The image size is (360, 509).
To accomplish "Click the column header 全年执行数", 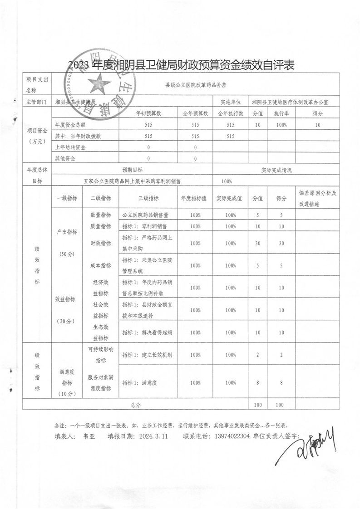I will tap(231, 113).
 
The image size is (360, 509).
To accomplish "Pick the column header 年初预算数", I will tap(149, 113).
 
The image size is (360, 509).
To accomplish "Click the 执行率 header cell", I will tap(281, 113).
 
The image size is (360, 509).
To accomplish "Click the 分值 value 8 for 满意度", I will tap(257, 383).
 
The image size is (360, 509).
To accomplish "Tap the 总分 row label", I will tap(135, 404).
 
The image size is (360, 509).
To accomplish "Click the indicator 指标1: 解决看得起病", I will tap(147, 333).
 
